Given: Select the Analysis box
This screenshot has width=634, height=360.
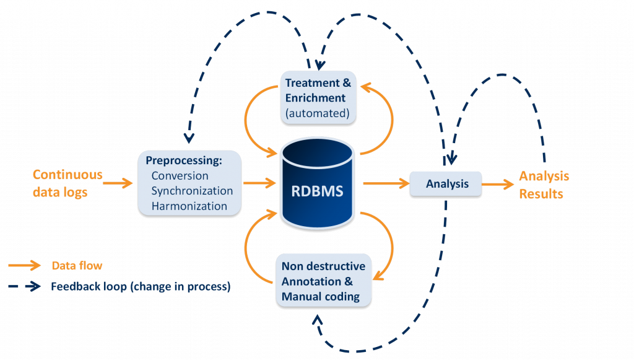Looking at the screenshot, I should [445, 184].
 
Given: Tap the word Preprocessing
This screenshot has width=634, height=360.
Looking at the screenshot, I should [183, 160].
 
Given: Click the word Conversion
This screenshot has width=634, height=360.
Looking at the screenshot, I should [180, 176].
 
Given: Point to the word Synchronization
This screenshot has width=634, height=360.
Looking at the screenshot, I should [192, 191].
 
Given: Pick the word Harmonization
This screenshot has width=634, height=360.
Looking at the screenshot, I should [189, 206].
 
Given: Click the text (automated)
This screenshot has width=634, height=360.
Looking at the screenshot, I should [317, 113].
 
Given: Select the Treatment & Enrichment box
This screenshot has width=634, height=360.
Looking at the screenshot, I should [318, 97].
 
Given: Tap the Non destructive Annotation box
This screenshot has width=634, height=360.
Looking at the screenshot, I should [323, 281].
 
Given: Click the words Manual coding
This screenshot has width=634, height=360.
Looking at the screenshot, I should [320, 296].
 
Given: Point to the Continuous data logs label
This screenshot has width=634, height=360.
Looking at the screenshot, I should [67, 183].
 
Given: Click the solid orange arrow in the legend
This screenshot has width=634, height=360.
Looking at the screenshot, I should [24, 266].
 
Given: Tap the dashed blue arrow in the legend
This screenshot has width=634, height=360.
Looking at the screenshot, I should [24, 287].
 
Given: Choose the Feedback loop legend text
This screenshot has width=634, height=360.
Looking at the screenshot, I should [141, 287].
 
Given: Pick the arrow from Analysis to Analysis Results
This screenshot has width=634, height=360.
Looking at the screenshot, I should [498, 184].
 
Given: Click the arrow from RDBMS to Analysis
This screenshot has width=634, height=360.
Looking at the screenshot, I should [385, 183].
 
